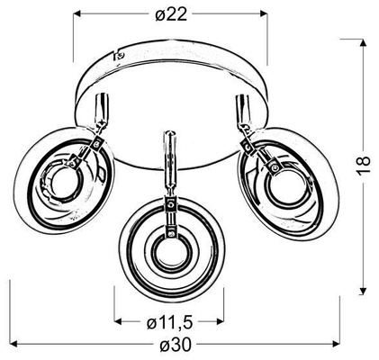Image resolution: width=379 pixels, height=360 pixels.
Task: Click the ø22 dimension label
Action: pos(171,14)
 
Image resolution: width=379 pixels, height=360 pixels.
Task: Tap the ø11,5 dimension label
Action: pos(169,322)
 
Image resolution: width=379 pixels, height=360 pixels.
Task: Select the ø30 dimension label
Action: pos(176,346)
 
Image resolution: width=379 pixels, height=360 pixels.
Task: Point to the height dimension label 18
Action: pos(364,165)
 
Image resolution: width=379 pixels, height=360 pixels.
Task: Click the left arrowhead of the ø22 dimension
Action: pos(77,13)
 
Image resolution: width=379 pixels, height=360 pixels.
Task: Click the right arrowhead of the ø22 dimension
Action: pos(264,13)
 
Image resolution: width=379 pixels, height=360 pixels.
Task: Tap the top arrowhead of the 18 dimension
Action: pos(363,43)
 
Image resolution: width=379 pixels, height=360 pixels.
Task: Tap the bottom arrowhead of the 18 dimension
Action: pos(363,292)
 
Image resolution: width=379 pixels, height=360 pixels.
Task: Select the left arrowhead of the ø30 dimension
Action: pos(14,343)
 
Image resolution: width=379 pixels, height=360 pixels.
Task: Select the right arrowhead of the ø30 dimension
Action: pos(336,343)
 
